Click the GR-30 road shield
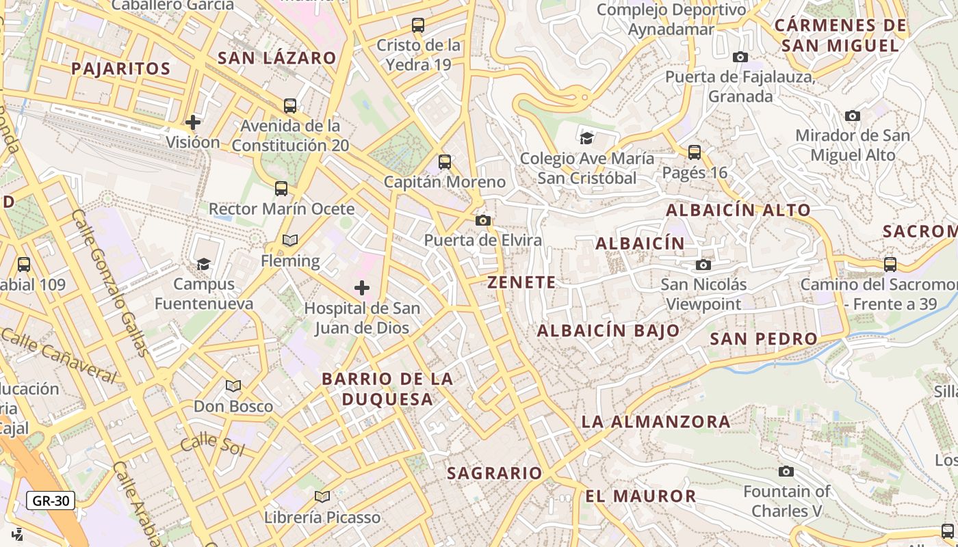(51, 501)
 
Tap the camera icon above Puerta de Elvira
(483, 220)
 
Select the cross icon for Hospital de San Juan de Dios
(362, 288)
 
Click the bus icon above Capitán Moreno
(445, 162)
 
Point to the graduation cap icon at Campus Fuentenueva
(203, 264)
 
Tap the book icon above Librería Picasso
(322, 496)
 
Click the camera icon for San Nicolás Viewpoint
(703, 265)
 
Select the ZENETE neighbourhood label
(521, 282)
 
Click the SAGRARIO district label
(494, 472)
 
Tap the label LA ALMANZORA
(656, 422)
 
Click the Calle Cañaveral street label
(59, 353)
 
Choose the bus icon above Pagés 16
(695, 152)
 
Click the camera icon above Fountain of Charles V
(786, 471)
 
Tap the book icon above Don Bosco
(233, 386)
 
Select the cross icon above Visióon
(193, 122)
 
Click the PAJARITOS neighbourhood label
(120, 68)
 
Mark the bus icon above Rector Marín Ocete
(281, 189)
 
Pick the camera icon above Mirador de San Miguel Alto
(852, 116)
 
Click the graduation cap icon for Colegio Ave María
(586, 139)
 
